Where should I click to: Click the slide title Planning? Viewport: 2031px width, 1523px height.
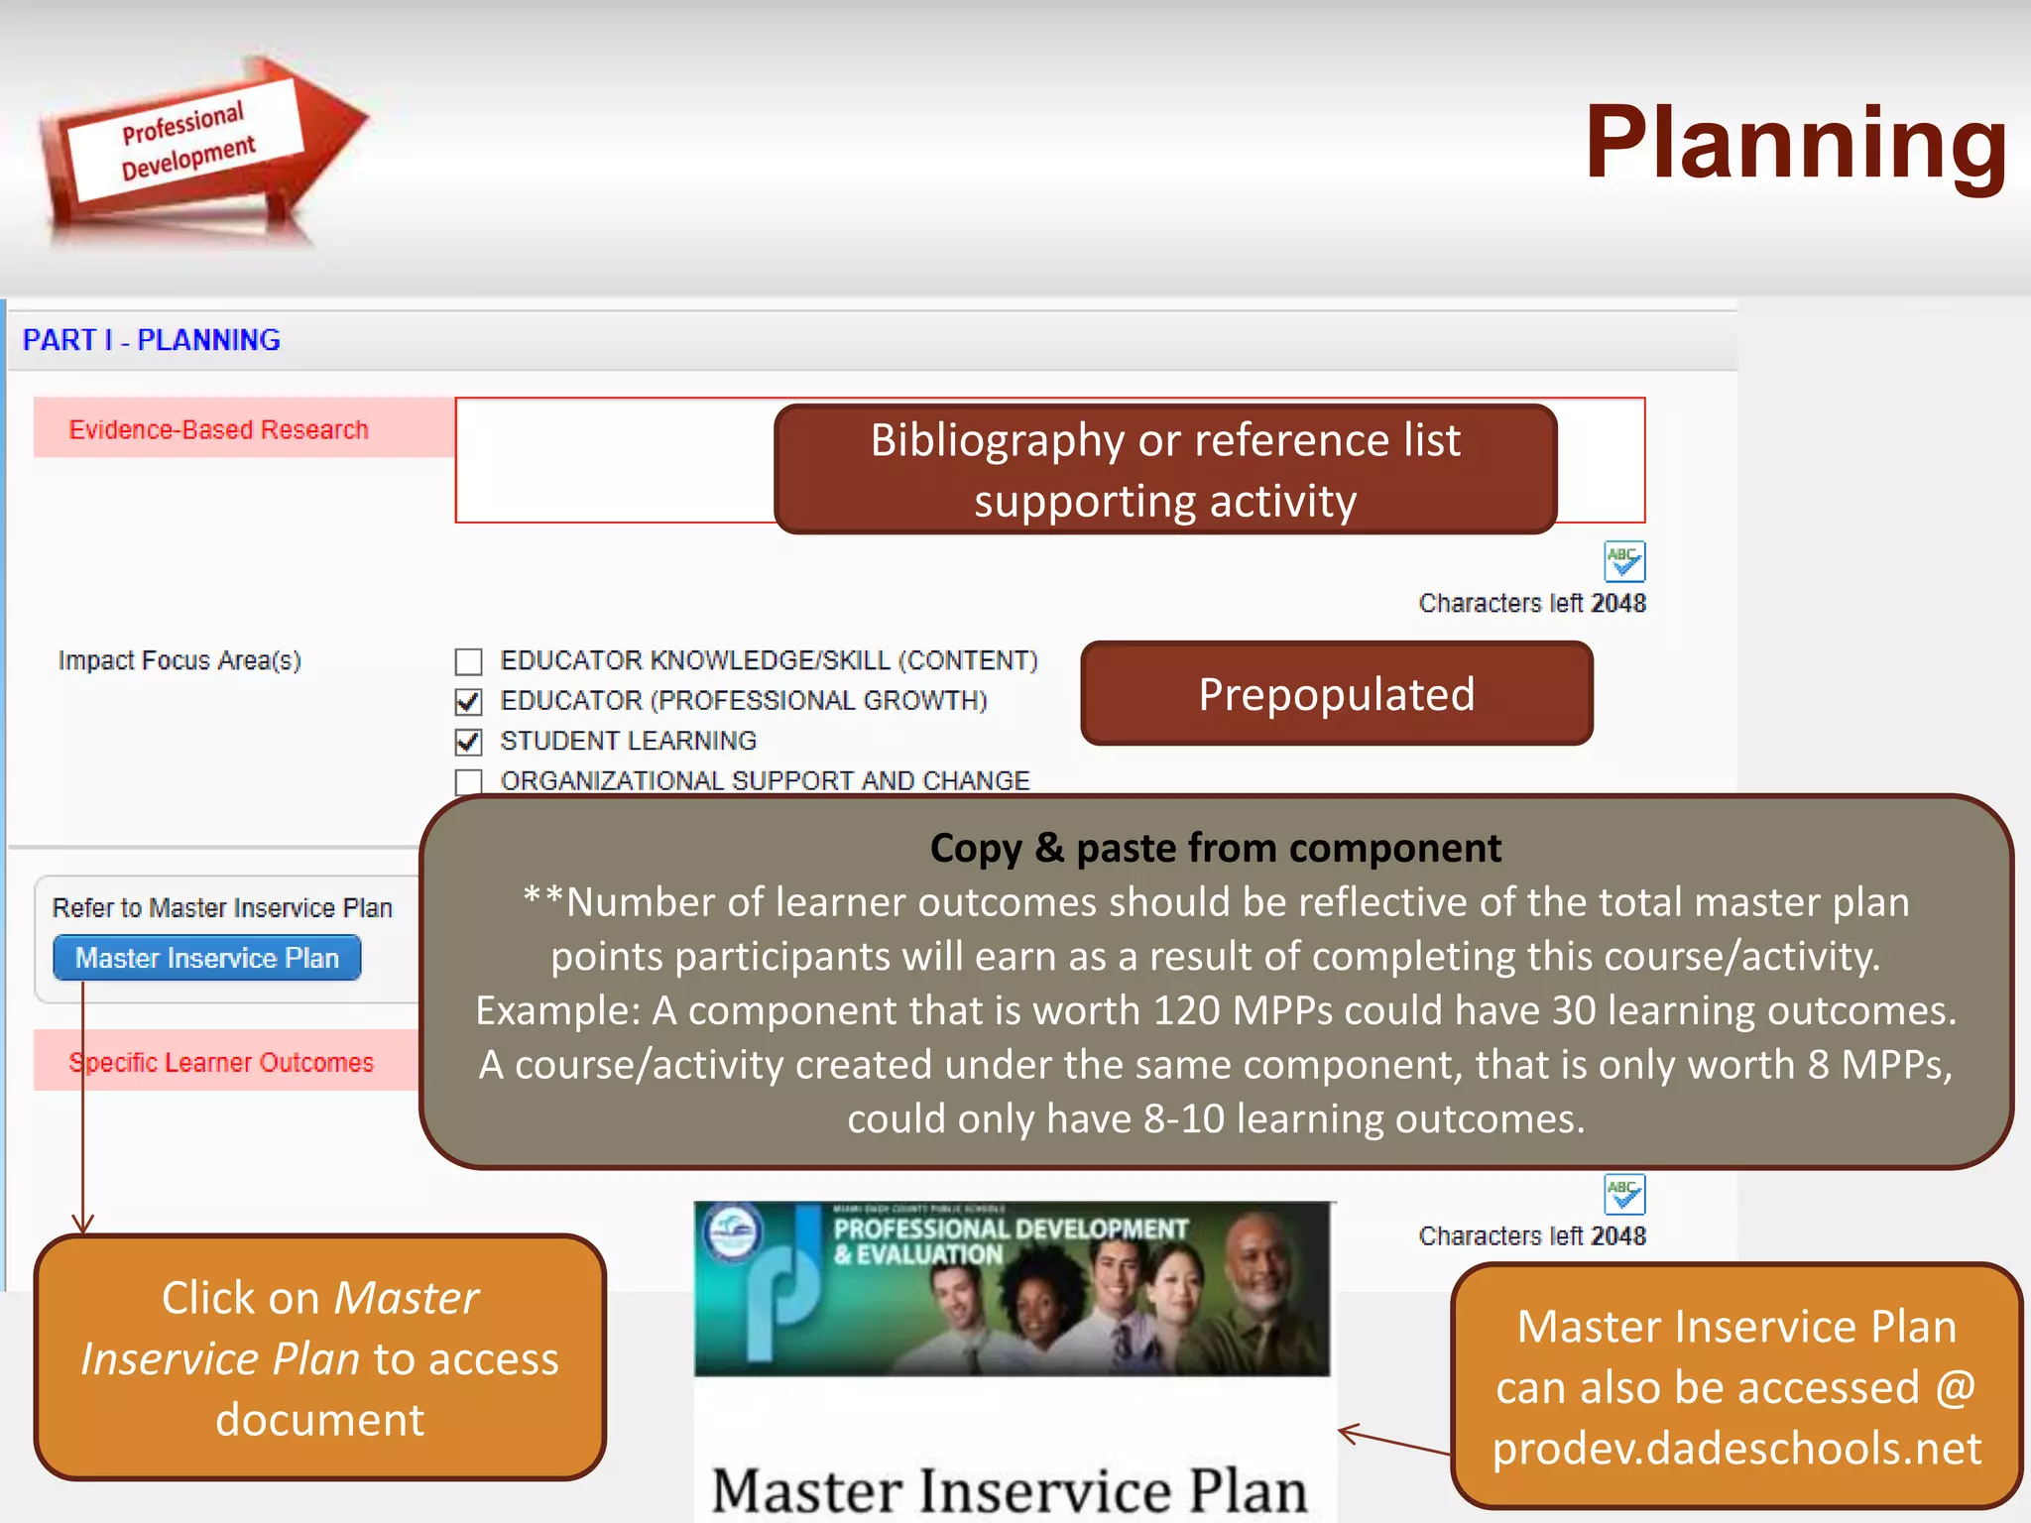[x=1795, y=144]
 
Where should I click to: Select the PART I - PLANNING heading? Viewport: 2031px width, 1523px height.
[x=152, y=340]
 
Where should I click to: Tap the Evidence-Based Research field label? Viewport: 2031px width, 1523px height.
[x=218, y=429]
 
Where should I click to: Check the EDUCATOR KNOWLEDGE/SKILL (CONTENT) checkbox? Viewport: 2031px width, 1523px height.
[x=468, y=661]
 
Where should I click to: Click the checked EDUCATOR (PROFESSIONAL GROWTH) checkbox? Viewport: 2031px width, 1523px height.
[x=468, y=702]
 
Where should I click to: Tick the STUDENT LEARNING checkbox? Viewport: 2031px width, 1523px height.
[x=468, y=742]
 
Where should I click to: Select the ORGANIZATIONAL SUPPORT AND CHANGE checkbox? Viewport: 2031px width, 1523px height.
[x=468, y=781]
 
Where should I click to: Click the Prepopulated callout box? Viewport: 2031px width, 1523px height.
[x=1336, y=694]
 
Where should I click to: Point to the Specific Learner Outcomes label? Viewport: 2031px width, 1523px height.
[x=221, y=1062]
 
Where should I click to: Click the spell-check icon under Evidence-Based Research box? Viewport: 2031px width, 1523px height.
[x=1624, y=561]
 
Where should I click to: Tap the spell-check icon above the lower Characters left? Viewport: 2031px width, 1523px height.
[x=1624, y=1194]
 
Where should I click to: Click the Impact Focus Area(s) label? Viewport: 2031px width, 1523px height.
[x=179, y=660]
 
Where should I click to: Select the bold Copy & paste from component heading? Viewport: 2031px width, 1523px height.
[x=1215, y=849]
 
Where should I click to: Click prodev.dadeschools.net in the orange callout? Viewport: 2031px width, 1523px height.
[x=1736, y=1448]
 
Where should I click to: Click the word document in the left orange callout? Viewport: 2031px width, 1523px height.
[x=319, y=1420]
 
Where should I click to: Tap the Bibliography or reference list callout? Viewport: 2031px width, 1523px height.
[x=1165, y=469]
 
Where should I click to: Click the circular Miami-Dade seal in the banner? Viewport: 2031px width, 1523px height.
[x=733, y=1232]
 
